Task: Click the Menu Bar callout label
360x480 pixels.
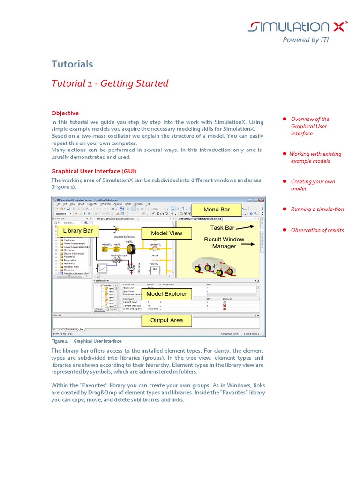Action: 217,209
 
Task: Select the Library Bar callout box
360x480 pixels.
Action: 78,230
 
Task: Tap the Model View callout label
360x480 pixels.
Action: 166,233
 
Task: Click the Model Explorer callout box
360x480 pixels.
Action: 166,294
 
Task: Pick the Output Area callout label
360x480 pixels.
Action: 166,321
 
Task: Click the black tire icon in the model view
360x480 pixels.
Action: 131,249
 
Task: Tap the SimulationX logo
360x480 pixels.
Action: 298,27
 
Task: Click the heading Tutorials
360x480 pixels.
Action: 72,64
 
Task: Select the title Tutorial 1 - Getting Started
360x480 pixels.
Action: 110,83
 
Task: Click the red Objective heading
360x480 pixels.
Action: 65,113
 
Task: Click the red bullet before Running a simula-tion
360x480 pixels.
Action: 285,209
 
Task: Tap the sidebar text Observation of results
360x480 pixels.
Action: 317,230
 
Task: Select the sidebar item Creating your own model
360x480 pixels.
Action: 313,185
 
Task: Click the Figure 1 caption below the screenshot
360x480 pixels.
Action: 86,341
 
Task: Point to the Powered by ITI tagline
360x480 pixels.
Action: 306,40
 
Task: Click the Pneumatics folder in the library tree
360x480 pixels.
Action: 69,260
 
